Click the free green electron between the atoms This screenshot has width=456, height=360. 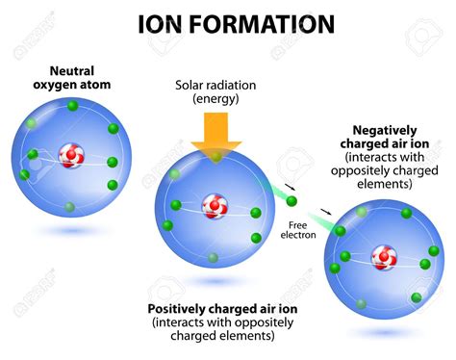tap(292, 201)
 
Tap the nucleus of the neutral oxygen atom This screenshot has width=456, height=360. tap(69, 154)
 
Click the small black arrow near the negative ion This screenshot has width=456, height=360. tap(327, 212)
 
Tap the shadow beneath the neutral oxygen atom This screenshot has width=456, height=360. tap(69, 231)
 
